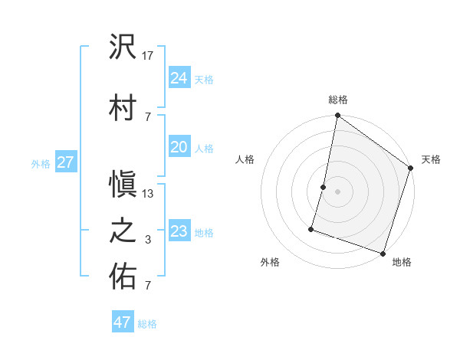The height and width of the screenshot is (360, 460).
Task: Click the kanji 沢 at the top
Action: tap(123, 48)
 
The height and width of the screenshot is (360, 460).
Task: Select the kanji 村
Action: tap(123, 106)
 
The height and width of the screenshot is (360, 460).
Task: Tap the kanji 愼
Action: tap(123, 185)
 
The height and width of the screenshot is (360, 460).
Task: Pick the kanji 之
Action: tap(123, 231)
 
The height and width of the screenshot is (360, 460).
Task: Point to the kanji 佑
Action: tap(123, 277)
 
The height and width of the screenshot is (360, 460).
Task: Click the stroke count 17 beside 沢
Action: tap(148, 55)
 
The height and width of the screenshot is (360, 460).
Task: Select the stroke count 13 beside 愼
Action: tap(148, 193)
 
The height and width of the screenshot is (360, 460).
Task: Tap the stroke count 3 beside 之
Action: tap(147, 240)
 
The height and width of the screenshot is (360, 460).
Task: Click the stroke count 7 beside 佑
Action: tap(147, 286)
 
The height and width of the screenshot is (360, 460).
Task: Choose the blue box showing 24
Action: tap(179, 78)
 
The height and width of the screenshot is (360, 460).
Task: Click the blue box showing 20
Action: tap(179, 147)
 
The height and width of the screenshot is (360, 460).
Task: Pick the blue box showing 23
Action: tap(179, 231)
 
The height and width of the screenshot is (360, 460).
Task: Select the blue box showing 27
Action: tap(65, 162)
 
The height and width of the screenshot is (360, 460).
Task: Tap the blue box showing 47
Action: tap(123, 322)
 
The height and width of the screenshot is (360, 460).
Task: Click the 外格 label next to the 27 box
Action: tap(41, 163)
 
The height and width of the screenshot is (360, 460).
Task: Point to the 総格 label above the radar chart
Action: tap(338, 100)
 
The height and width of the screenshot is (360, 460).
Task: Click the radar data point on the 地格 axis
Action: tap(383, 253)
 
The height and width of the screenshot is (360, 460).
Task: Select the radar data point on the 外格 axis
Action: tap(311, 228)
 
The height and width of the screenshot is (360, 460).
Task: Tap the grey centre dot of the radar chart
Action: tap(337, 191)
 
